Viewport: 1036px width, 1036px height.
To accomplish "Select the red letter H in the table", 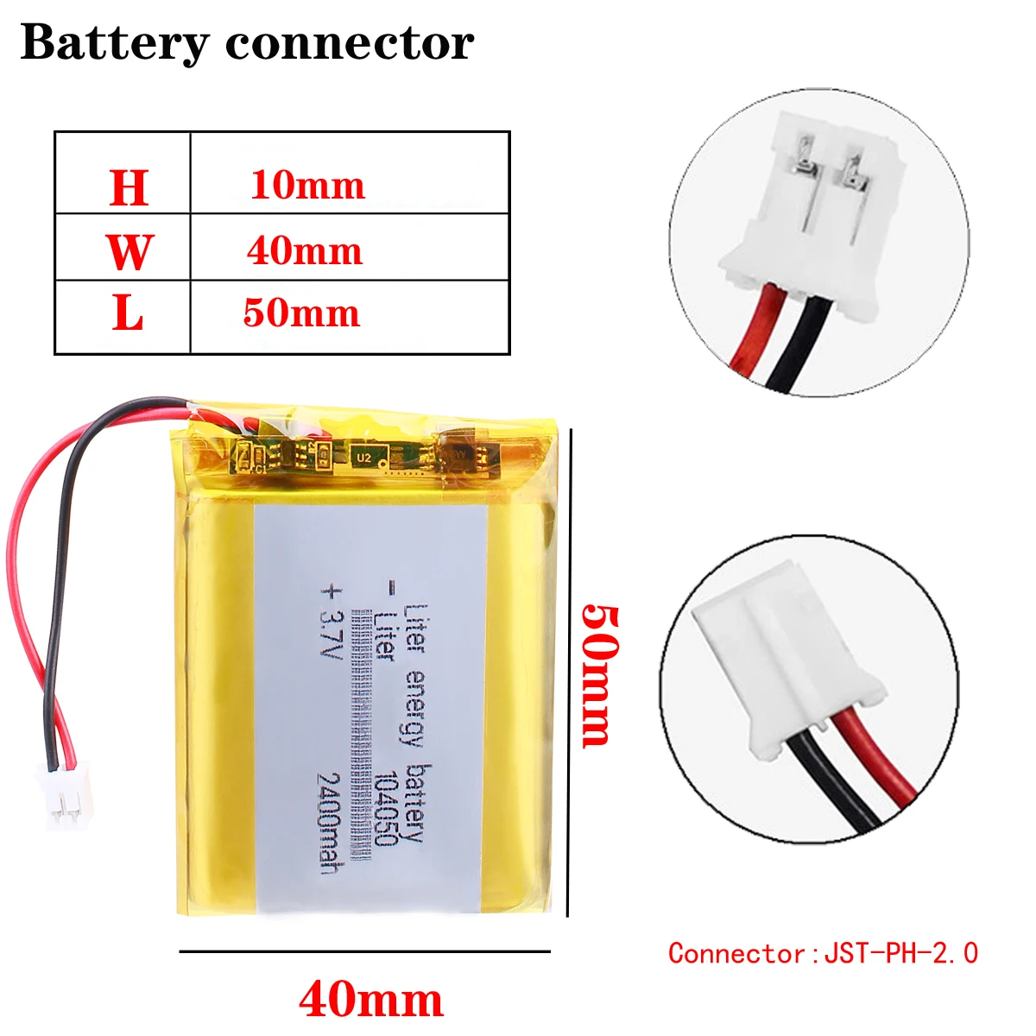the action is click(x=129, y=187).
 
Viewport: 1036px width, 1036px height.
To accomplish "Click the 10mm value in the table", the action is click(x=307, y=186).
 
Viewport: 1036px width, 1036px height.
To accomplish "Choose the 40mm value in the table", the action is click(x=305, y=251).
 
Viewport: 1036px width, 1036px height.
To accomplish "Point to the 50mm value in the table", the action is click(x=301, y=313).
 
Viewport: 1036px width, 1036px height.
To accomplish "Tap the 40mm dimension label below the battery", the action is click(x=371, y=1000).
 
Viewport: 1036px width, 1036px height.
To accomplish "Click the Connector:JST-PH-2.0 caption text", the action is click(x=823, y=953).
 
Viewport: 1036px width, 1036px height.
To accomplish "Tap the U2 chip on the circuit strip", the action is click(x=363, y=458).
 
